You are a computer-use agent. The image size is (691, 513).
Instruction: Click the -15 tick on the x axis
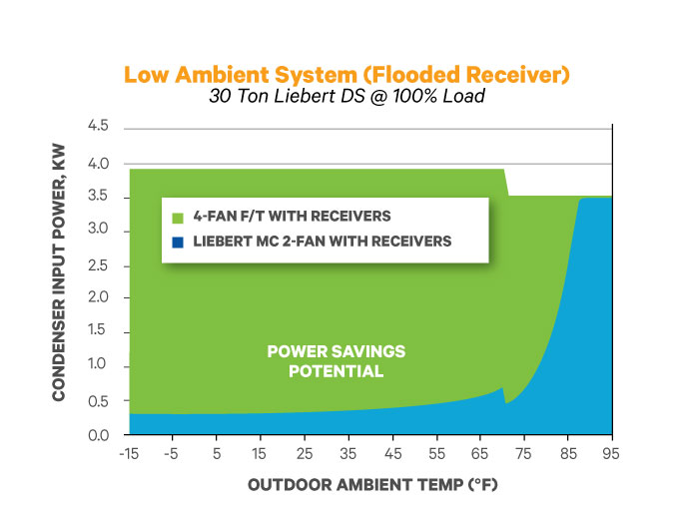[x=128, y=453]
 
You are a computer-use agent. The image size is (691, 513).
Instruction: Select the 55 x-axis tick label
[x=435, y=453]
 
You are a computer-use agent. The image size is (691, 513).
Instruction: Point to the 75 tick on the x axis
[x=523, y=453]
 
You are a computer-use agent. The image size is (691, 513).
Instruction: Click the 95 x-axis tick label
[x=611, y=453]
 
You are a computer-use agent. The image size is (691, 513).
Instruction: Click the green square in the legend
[x=178, y=217]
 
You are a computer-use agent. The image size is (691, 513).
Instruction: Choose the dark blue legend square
[x=178, y=242]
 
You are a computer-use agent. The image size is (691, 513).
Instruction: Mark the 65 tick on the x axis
[x=479, y=453]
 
